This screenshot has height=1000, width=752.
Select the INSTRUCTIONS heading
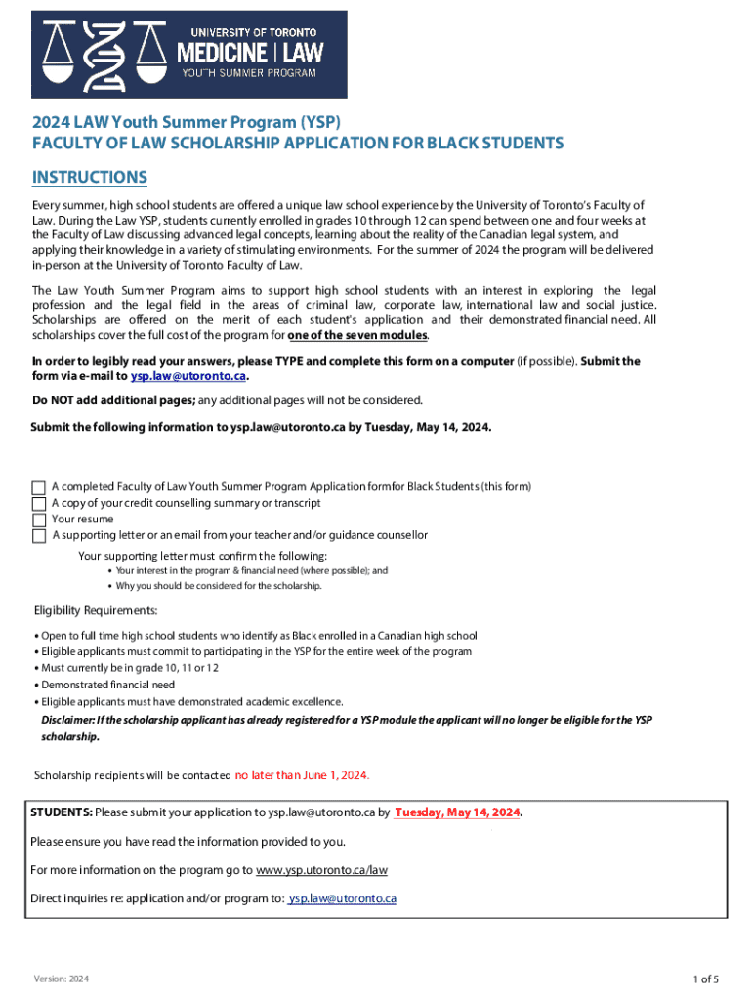90,177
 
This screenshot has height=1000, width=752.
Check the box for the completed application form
39,487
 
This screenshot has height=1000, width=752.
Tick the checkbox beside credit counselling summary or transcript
39,504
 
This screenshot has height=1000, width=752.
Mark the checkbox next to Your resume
39,520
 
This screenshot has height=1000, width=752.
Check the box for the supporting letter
39,536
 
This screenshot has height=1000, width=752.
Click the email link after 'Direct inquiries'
342,898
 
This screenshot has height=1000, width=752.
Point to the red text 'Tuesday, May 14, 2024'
457,812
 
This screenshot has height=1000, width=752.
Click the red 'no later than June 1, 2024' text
302,775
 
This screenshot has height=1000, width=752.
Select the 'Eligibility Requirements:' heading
96,611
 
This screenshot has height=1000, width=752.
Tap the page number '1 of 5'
706,979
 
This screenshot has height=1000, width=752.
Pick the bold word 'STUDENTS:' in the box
62,812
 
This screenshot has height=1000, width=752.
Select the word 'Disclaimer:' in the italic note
67,720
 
